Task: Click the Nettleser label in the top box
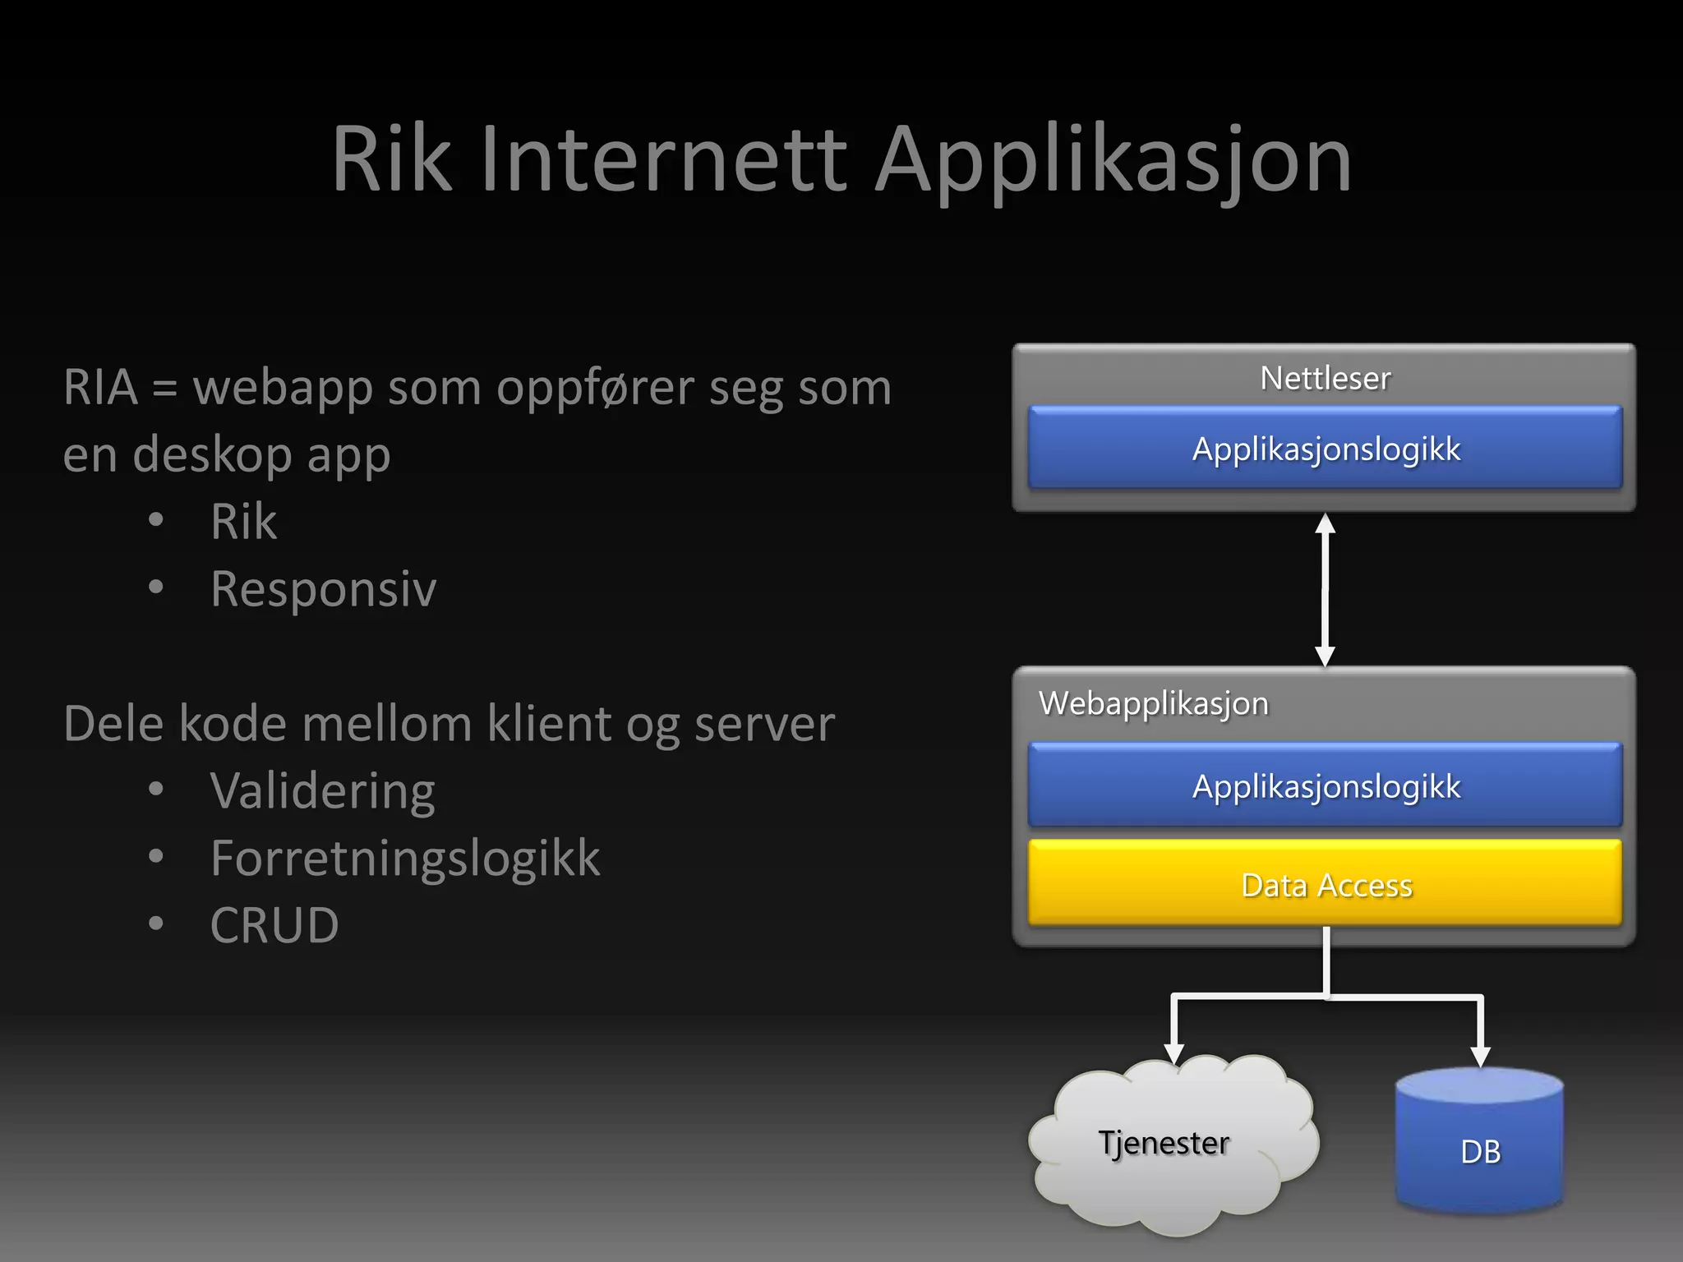pos(1325,378)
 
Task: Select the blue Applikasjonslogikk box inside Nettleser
pos(1325,449)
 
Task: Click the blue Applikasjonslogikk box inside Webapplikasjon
pos(1325,786)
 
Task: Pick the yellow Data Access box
pos(1325,885)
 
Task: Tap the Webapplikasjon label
pos(1153,703)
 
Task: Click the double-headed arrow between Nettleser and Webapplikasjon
pos(1325,589)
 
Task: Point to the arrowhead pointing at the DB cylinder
pos(1480,1056)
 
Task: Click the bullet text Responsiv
pos(323,589)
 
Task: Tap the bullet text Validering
pos(322,791)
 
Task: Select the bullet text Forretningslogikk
pos(404,859)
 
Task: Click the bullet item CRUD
pos(274,926)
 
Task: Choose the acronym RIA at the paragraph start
pos(100,388)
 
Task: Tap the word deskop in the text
pos(212,455)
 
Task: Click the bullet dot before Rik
pos(156,520)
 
